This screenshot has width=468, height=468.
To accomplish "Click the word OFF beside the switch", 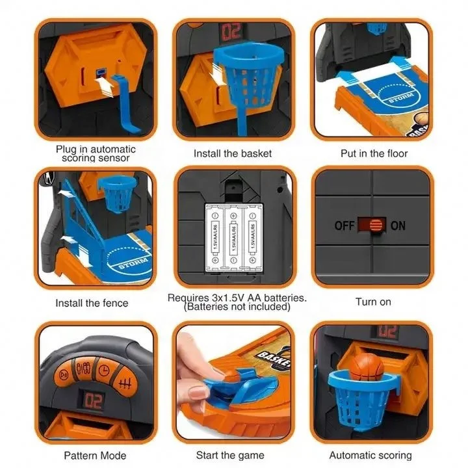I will (344, 226).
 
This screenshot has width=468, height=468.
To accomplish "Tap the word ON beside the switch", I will (398, 226).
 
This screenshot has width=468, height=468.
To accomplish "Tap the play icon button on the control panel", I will (64, 375).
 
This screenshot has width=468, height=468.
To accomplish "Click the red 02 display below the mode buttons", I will (94, 401).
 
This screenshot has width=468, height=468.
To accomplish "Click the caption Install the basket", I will (233, 154).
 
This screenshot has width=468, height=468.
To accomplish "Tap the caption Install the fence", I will (92, 303).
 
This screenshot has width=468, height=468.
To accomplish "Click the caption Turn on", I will (373, 302).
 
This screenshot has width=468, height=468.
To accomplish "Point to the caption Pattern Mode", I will (95, 455).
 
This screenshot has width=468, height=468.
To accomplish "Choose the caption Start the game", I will (233, 455).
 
